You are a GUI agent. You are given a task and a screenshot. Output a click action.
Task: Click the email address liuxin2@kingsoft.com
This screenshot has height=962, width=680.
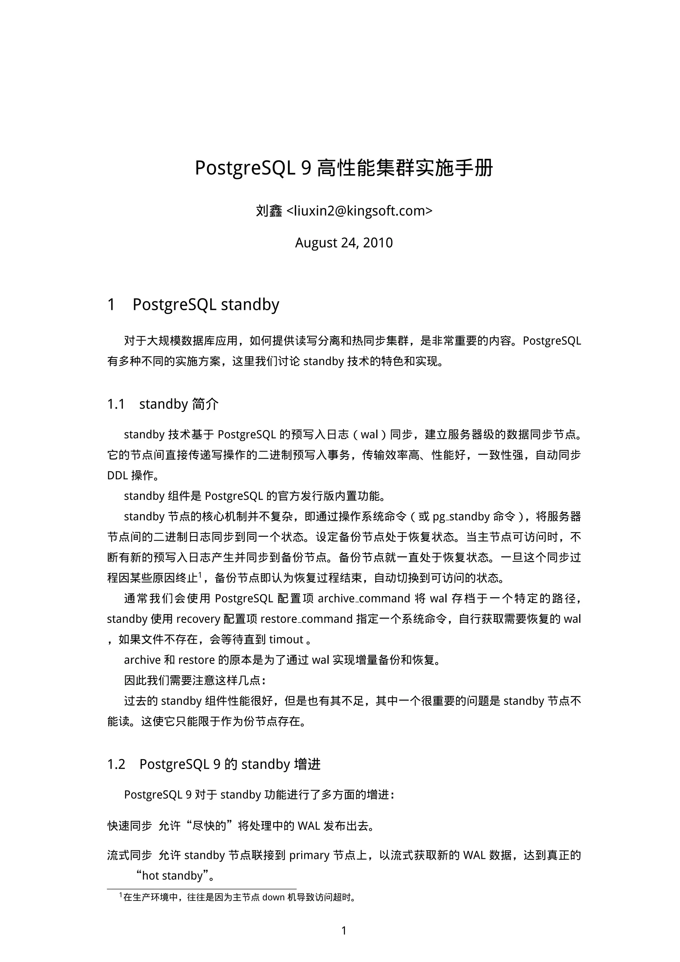(x=359, y=211)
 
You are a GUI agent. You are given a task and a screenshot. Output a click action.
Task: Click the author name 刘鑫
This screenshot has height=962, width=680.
(x=269, y=211)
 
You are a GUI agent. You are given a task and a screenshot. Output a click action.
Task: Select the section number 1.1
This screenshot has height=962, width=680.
(x=116, y=404)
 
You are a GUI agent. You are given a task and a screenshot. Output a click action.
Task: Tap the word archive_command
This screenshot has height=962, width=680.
(x=364, y=599)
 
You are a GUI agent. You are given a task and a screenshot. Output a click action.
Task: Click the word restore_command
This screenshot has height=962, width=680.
(x=306, y=619)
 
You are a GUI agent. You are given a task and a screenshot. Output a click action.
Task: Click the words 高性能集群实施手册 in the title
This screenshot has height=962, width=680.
(x=405, y=168)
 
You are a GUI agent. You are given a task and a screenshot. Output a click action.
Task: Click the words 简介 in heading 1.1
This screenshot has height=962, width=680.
(x=205, y=404)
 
